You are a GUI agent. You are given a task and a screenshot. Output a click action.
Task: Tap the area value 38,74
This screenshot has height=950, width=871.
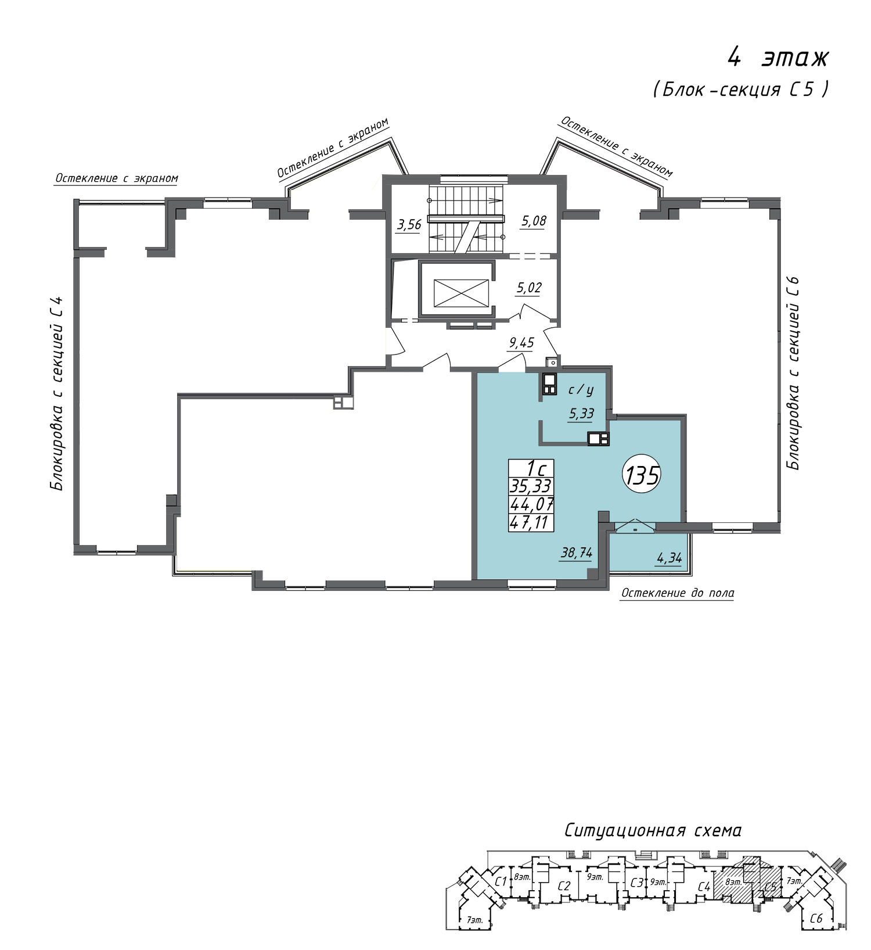point(576,553)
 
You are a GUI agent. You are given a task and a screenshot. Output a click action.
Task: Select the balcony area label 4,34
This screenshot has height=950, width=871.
point(669,558)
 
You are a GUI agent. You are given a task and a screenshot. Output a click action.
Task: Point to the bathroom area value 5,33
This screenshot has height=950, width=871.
point(581,413)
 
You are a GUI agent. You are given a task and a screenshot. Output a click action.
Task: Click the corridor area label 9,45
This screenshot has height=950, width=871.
point(521,343)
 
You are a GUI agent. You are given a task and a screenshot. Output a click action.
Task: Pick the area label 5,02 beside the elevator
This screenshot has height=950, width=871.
point(529,288)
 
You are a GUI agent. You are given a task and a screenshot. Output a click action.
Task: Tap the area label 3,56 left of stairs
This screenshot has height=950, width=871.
point(409,224)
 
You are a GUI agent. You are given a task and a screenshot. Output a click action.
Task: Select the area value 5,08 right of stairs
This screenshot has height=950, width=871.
point(534,221)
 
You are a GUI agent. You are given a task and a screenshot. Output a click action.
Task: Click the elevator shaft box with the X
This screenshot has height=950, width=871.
point(461,293)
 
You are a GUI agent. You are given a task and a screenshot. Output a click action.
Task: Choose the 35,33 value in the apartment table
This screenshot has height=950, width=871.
point(531,486)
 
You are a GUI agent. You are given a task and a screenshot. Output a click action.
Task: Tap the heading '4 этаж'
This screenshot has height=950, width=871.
point(779,58)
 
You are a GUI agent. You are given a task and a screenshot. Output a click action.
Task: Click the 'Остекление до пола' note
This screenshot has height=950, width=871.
point(678,593)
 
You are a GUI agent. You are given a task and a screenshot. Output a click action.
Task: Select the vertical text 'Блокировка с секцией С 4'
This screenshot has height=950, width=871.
point(57,393)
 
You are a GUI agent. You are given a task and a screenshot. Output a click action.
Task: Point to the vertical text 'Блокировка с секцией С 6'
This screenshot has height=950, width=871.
point(793,373)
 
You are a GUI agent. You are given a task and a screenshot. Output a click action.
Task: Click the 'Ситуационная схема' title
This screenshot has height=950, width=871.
point(653,830)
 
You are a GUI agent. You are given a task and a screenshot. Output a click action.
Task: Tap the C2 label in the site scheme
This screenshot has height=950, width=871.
point(564,886)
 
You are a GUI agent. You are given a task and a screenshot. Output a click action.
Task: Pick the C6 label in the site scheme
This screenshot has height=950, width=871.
point(816,919)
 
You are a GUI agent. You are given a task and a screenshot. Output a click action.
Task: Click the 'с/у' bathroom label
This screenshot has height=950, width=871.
point(581,389)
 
